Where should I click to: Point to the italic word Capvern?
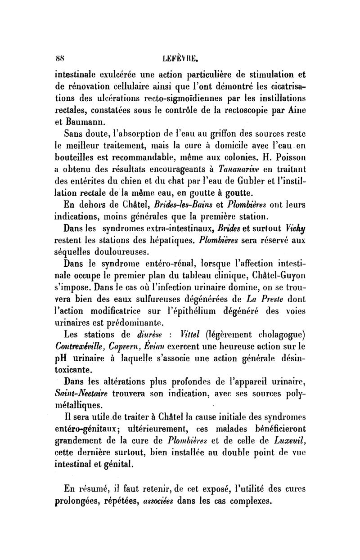click(131, 347)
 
